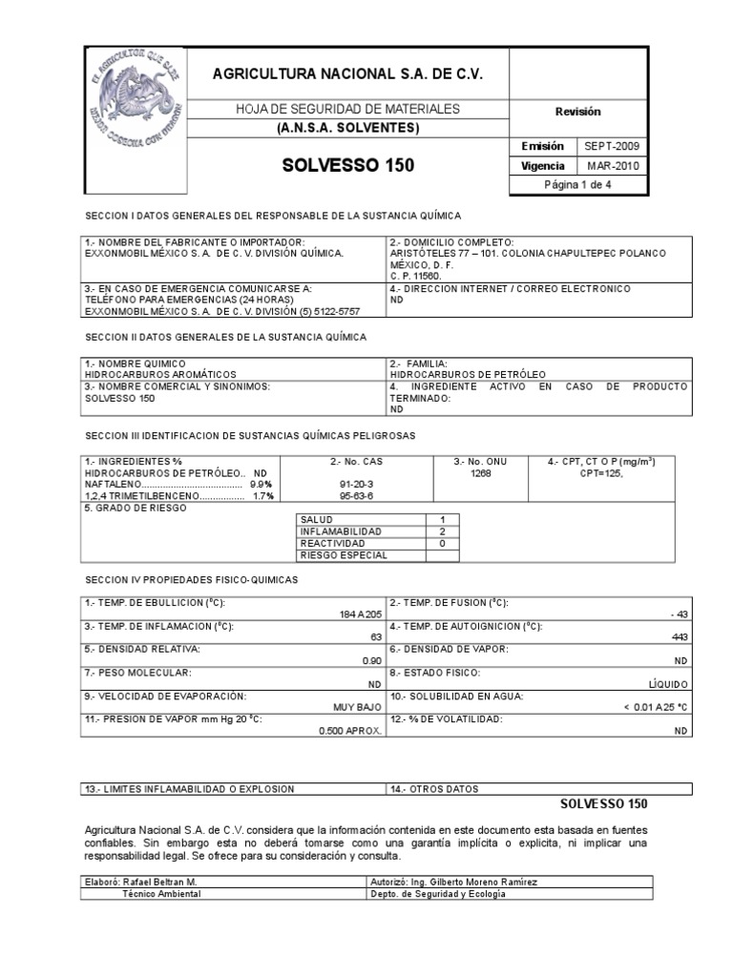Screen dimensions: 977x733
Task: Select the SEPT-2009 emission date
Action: click(x=613, y=146)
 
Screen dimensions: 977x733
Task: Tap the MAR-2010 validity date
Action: click(x=613, y=165)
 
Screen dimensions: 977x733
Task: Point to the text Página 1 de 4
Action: click(x=577, y=185)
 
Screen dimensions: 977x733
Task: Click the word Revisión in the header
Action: click(x=578, y=112)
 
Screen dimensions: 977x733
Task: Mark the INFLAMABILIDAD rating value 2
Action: click(x=442, y=530)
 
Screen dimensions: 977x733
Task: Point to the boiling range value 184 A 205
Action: click(x=357, y=613)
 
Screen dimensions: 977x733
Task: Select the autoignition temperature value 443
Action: click(x=679, y=636)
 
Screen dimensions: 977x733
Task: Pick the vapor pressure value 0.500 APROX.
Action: click(x=350, y=730)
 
